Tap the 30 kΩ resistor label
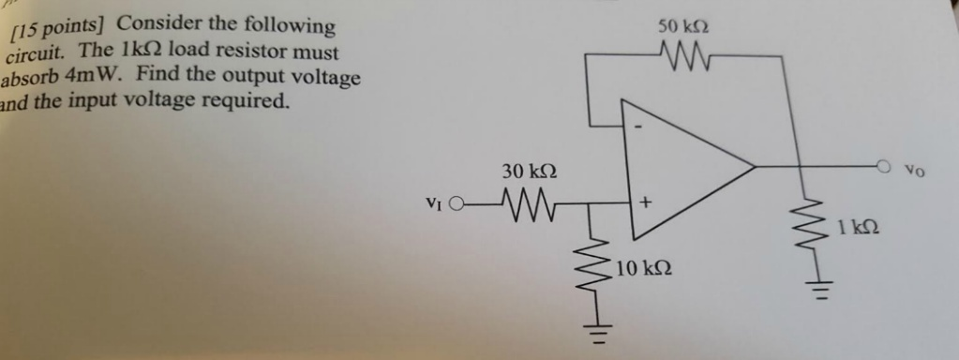click(x=529, y=172)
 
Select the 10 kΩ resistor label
click(x=645, y=269)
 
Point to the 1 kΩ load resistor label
click(x=859, y=226)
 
